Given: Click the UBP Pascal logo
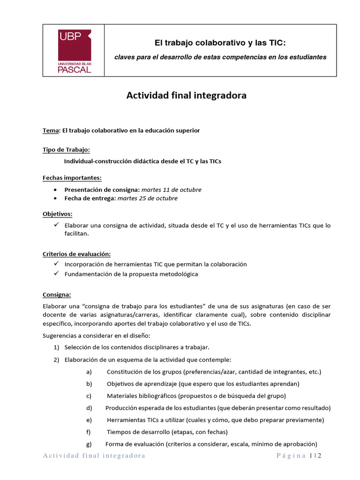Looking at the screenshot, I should pyautogui.click(x=74, y=51).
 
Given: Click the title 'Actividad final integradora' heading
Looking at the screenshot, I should pyautogui.click(x=186, y=96).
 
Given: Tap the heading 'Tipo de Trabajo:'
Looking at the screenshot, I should pyautogui.click(x=66, y=150).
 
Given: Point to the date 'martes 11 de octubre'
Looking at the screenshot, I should pyautogui.click(x=171, y=190).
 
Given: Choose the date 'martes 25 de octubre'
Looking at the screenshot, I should pyautogui.click(x=147, y=198).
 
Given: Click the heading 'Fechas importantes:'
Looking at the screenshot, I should pyautogui.click(x=72, y=178).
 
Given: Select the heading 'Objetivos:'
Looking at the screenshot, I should pyautogui.click(x=57, y=214).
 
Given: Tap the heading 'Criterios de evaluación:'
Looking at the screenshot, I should pyautogui.click(x=76, y=254).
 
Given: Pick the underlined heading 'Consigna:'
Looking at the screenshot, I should pyautogui.click(x=57, y=295).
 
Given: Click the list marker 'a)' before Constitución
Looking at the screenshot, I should pyautogui.click(x=89, y=372).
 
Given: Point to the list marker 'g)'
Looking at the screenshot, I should pyautogui.click(x=89, y=444).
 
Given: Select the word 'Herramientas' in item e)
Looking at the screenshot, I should pyautogui.click(x=126, y=420).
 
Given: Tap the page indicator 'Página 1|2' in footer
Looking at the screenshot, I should pyautogui.click(x=299, y=456).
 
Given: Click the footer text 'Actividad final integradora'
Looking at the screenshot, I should pyautogui.click(x=94, y=456).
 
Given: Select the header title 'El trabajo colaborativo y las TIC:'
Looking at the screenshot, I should pyautogui.click(x=220, y=43).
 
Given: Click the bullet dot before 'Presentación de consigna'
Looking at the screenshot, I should pyautogui.click(x=56, y=190).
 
